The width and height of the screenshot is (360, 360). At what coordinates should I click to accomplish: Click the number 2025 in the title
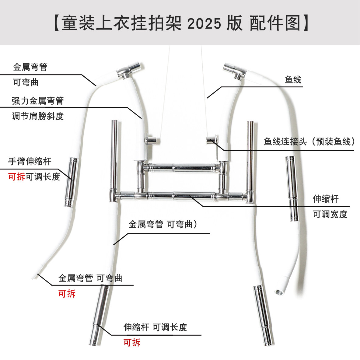coord(204,23)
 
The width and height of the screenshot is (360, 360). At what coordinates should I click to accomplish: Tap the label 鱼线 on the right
coord(293,80)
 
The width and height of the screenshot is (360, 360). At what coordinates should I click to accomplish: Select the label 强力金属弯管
coord(38,101)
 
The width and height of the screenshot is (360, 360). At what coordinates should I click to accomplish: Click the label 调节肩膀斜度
coord(38,116)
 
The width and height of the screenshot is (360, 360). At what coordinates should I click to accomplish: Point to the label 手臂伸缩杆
coord(30,161)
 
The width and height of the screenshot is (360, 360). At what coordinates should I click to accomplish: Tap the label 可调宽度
coord(330,214)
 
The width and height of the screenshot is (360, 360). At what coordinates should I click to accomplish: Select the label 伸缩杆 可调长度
coord(155,327)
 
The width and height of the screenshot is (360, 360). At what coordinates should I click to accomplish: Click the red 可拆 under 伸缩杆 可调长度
coord(132,343)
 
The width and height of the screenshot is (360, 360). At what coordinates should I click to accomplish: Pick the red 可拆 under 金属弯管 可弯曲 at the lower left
coord(67,294)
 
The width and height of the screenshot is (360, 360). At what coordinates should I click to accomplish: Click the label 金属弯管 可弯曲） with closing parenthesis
coord(163,225)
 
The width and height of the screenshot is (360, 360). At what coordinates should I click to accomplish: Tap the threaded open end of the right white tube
coord(279,292)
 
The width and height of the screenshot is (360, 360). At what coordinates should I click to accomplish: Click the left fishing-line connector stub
coord(152,141)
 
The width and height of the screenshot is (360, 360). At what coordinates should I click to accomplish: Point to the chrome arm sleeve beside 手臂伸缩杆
coord(72,182)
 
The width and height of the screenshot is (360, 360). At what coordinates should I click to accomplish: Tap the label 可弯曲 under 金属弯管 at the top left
coord(26,82)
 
